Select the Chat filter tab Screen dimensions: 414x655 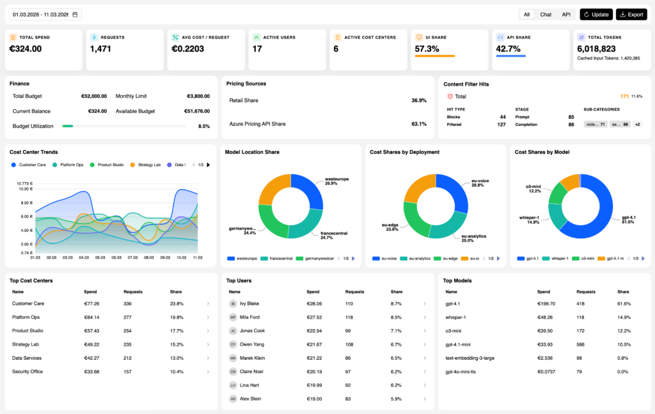546,14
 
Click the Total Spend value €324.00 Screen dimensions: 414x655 26,49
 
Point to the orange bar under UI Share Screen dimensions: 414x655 435,56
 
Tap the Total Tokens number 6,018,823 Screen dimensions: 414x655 596,49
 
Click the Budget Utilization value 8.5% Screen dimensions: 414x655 204,126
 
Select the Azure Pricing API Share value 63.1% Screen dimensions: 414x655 419,124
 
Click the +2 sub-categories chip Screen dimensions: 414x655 638,124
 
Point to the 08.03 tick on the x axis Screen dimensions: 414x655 149,257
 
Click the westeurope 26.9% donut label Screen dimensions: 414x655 337,181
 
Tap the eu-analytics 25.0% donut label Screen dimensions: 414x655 473,238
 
